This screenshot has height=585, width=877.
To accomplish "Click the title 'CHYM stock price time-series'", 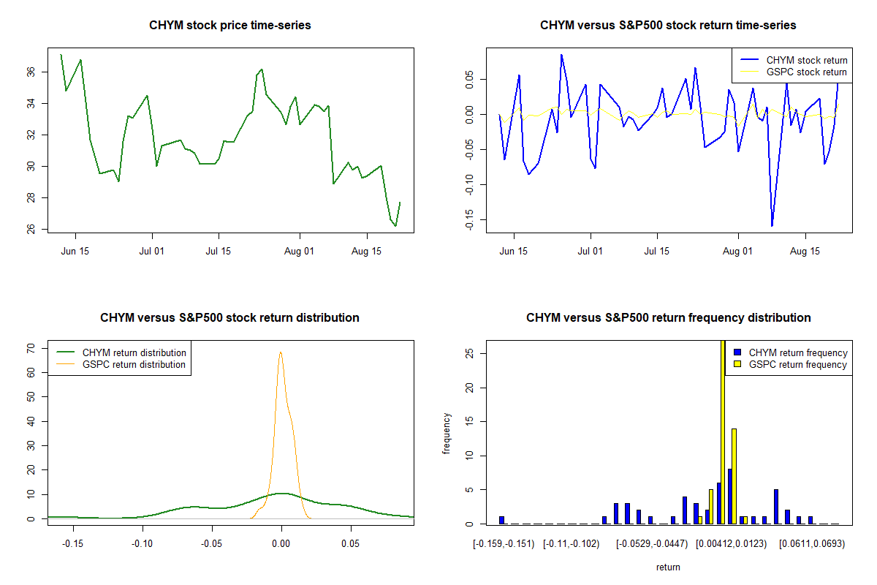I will pos(230,26).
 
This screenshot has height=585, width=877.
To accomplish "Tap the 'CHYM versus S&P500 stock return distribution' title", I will pos(230,318).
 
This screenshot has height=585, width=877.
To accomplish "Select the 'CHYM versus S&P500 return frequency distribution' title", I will pos(669,318).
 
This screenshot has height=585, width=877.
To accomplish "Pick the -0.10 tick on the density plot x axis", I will pos(142,543).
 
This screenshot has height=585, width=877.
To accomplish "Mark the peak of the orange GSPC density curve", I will pos(281,352).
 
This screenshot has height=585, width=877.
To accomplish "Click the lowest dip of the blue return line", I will pos(772,225).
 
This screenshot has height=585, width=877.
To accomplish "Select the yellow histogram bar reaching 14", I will pos(734,476).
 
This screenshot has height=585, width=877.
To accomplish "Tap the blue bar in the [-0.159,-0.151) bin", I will pos(502,520).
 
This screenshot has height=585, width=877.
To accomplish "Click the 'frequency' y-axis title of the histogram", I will pos(447,434).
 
